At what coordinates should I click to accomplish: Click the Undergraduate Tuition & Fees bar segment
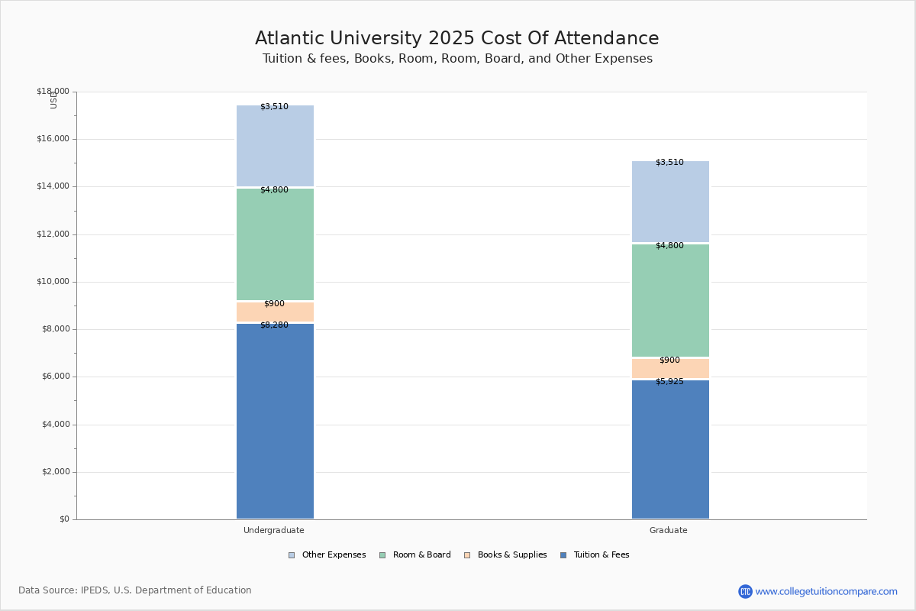(x=276, y=421)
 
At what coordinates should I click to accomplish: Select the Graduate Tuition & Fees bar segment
(x=671, y=449)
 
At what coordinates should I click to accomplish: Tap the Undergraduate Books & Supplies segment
(x=276, y=312)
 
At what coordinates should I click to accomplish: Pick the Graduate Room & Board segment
(x=671, y=300)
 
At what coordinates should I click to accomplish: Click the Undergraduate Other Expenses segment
(x=276, y=146)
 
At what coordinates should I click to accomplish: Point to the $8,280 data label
(x=274, y=325)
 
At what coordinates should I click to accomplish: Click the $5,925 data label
(x=670, y=381)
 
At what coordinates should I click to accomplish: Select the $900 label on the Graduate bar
(x=670, y=360)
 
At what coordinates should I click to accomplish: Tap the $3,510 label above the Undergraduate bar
(x=274, y=106)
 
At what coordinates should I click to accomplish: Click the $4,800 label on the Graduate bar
(x=670, y=246)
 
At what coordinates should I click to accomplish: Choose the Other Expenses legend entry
(x=327, y=555)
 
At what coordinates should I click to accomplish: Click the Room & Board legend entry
(x=415, y=555)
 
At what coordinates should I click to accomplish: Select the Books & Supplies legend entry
(x=506, y=555)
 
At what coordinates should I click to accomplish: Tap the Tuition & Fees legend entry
(x=595, y=555)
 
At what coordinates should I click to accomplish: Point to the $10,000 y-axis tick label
(x=53, y=282)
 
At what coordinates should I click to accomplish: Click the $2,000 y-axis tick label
(x=56, y=472)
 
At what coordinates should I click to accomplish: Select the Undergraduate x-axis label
(x=274, y=530)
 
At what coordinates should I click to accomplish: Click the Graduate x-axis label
(x=669, y=530)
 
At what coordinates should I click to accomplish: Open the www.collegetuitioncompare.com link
(x=827, y=591)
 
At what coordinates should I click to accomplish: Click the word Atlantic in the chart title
(x=289, y=38)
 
